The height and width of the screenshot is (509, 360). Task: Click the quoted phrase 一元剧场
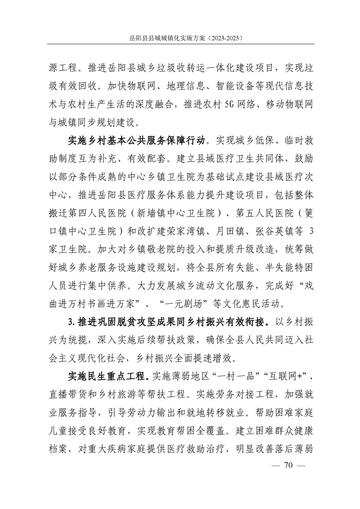pyautogui.click(x=156, y=302)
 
